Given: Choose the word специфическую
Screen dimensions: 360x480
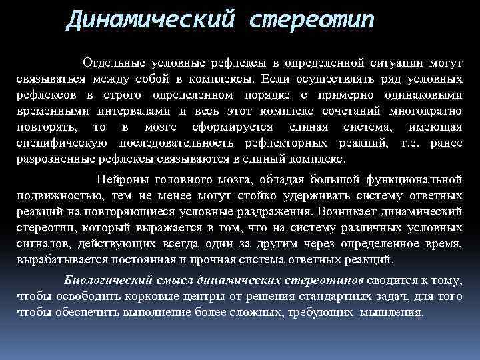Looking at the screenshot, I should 64,143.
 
